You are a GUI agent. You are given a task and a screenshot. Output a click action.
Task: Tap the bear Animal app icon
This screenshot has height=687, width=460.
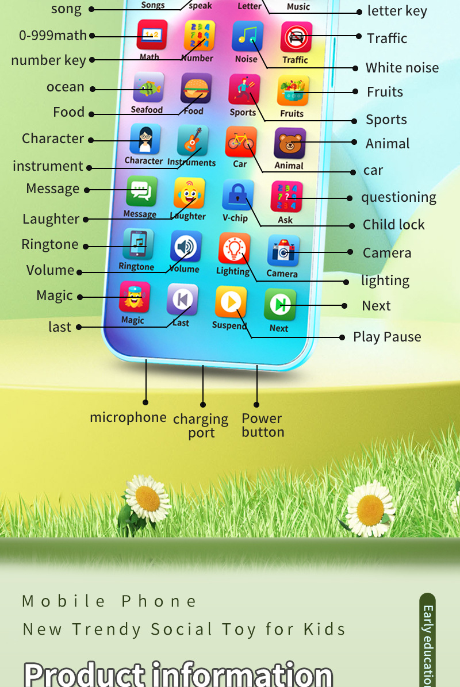pos(290,143)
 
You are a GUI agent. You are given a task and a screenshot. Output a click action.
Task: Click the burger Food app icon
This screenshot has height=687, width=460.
pos(196,89)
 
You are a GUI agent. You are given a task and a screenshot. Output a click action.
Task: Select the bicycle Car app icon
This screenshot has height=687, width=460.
pos(241,141)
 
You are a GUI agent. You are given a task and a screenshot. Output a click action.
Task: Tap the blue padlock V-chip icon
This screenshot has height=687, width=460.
pos(238,195)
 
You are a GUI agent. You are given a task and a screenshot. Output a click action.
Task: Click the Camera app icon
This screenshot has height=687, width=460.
pos(283,251)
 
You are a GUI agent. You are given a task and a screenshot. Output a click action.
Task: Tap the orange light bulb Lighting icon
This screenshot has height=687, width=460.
pos(235,248)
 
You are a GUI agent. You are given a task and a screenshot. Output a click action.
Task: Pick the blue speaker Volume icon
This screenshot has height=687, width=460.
pos(186,247)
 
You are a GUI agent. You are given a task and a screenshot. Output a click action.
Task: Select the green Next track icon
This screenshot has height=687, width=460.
pos(280,305)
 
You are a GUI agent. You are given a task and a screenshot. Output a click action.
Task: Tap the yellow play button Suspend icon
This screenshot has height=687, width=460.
pos(231,302)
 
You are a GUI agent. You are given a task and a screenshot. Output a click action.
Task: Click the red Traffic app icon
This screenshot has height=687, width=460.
pos(297,37)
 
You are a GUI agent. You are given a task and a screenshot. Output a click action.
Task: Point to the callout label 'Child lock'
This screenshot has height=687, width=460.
pos(394,225)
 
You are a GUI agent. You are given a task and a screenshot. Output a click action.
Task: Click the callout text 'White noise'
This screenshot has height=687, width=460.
pos(402,68)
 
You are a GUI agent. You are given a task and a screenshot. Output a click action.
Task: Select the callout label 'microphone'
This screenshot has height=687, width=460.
pos(128,417)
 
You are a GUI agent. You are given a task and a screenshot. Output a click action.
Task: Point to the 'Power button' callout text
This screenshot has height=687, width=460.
pos(263,425)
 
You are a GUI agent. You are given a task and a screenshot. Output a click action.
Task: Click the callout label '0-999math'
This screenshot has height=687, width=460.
pos(53,36)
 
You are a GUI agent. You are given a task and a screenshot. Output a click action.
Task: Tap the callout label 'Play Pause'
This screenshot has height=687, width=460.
pos(387,337)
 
